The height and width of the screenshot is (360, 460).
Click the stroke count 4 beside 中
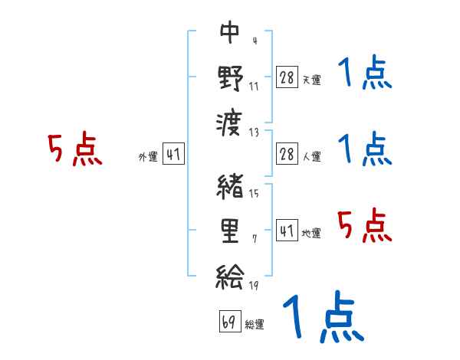[x=254, y=41]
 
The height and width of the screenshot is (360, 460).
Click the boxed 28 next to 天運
[x=287, y=77]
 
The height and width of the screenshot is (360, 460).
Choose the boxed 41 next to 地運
[x=287, y=229]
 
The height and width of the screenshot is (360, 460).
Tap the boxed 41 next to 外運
[x=173, y=154]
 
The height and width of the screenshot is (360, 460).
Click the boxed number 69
[x=228, y=321]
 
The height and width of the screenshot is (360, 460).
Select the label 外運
[x=148, y=157]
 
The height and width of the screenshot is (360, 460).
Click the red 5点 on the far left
[x=75, y=150]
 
